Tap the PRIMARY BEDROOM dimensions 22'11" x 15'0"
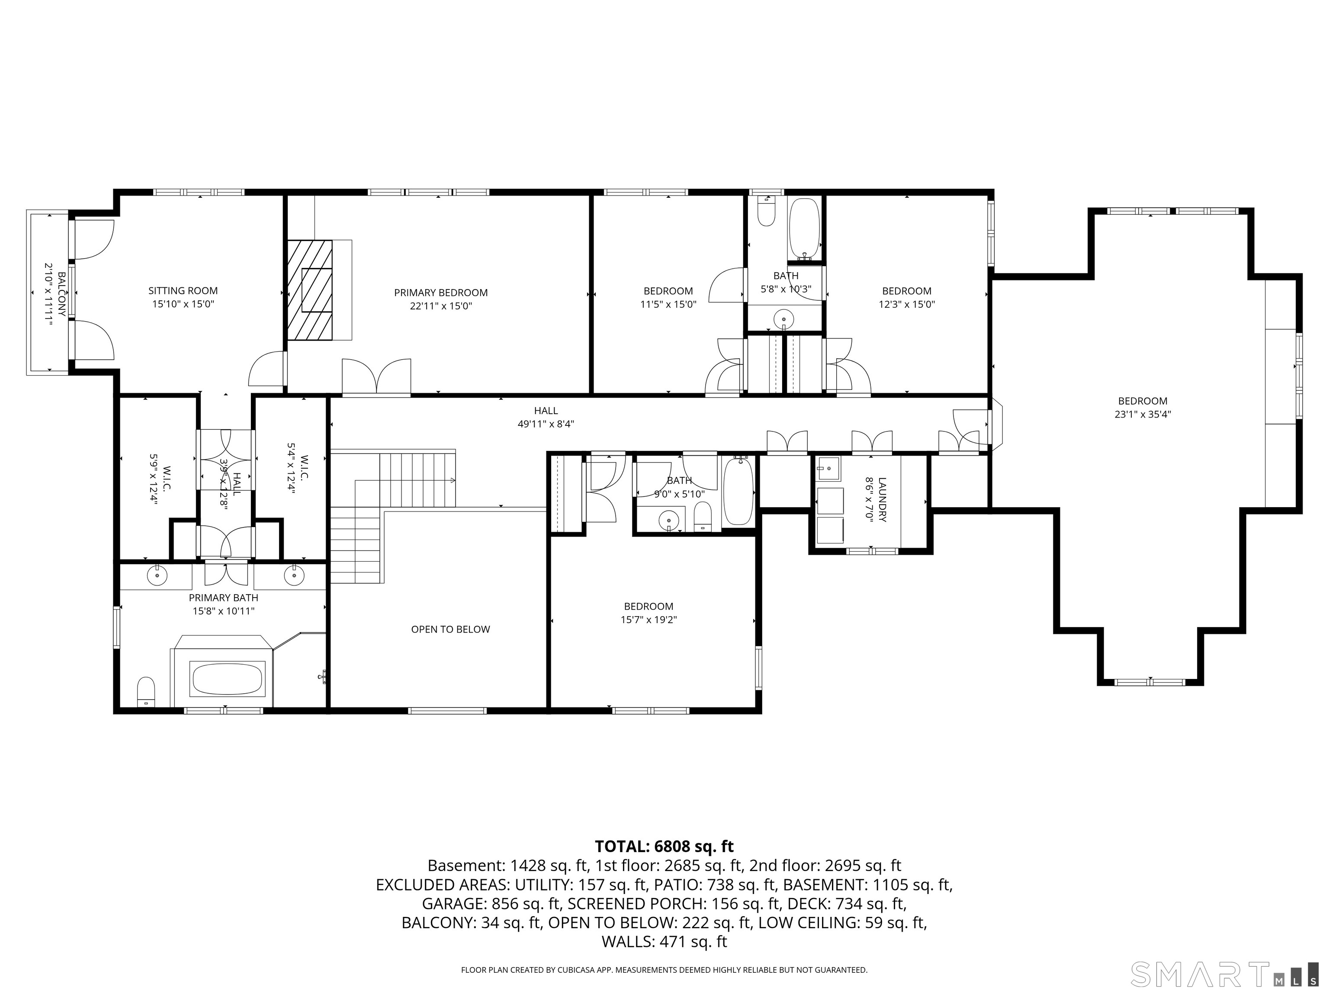(440, 306)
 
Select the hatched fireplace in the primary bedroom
(309, 290)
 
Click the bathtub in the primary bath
(227, 679)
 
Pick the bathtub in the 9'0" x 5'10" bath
(738, 492)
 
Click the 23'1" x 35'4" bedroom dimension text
(1143, 414)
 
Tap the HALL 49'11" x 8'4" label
(546, 417)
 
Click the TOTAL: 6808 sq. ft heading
(664, 846)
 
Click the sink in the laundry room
(829, 468)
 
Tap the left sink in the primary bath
(157, 576)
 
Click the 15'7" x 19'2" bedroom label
(648, 613)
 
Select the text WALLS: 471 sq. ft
(664, 941)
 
